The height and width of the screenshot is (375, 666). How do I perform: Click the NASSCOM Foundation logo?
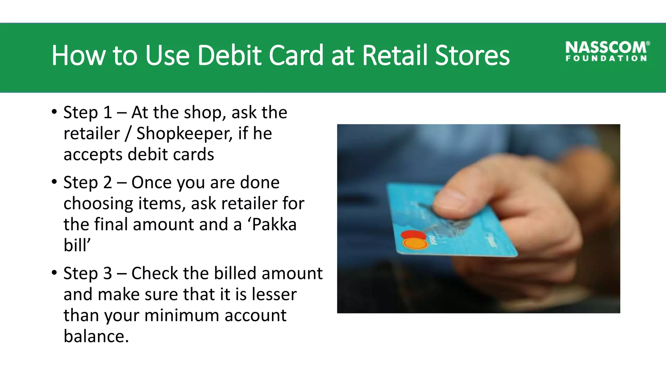[x=607, y=51]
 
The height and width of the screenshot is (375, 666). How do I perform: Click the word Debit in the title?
[x=229, y=55]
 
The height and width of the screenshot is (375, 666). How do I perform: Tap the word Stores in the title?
[x=472, y=55]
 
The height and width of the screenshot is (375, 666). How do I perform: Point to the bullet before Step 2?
[x=54, y=182]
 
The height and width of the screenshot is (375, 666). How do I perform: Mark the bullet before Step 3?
[x=54, y=273]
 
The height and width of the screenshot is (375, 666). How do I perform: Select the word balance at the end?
[x=96, y=336]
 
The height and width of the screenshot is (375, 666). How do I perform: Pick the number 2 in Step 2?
[x=108, y=182]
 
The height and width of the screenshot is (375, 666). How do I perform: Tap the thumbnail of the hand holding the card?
[x=478, y=218]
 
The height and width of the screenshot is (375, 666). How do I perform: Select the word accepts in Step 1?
[x=93, y=155]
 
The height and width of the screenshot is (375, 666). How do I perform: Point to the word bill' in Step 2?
[x=77, y=245]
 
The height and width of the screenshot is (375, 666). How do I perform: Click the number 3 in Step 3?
[x=108, y=273]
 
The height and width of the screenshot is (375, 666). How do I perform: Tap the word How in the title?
[x=78, y=55]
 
